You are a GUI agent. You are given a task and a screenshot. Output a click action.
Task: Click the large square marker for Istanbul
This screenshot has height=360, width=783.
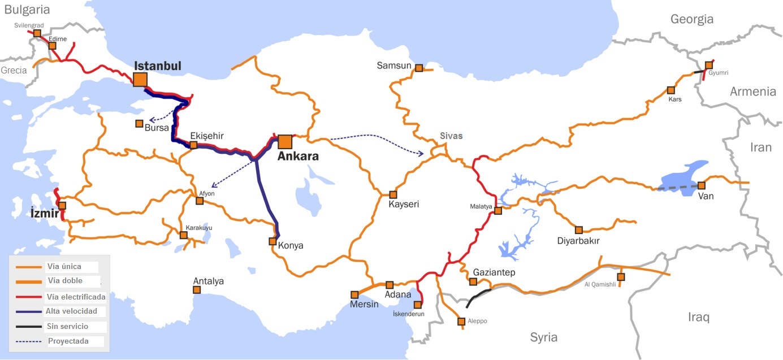140,79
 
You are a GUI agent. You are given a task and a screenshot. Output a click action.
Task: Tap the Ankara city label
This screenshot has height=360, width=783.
298,157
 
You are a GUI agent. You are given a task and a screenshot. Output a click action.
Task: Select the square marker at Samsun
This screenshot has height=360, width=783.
419,68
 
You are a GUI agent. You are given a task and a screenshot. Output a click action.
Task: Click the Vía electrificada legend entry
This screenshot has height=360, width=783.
76,297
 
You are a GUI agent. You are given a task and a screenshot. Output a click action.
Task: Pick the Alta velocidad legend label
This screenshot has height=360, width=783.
72,311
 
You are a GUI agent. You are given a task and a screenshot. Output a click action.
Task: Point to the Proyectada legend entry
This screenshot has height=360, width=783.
68,341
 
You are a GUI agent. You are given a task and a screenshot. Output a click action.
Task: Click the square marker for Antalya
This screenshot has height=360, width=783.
197,290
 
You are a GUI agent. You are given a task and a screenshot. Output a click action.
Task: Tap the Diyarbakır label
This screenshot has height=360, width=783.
578,241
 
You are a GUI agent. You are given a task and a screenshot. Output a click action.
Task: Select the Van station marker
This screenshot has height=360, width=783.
702,185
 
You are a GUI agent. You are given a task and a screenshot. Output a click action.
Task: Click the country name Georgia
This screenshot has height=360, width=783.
691,19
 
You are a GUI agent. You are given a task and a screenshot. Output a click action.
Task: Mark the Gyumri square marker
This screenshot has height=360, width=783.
709,65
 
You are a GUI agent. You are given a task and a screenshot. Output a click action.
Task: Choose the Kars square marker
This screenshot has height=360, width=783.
671,90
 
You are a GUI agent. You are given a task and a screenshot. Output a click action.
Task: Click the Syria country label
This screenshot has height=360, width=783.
543,337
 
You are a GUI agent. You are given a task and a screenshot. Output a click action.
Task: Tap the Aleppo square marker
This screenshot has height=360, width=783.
461,322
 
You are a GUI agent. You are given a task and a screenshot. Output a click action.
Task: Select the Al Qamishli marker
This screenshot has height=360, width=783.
621,277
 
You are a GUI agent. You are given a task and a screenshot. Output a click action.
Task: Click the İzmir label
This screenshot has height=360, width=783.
44,214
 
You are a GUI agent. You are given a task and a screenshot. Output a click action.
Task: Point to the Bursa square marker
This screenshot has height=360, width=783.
139,123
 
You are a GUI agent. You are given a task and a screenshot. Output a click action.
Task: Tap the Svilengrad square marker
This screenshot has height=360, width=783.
37,33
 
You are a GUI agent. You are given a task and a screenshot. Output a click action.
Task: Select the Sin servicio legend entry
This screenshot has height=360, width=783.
68,327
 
